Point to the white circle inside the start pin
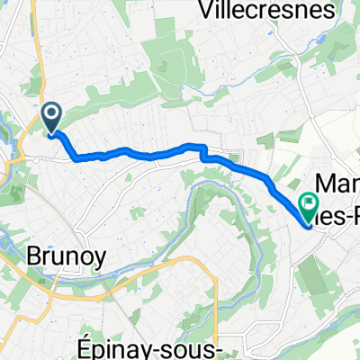(x=51, y=113)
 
